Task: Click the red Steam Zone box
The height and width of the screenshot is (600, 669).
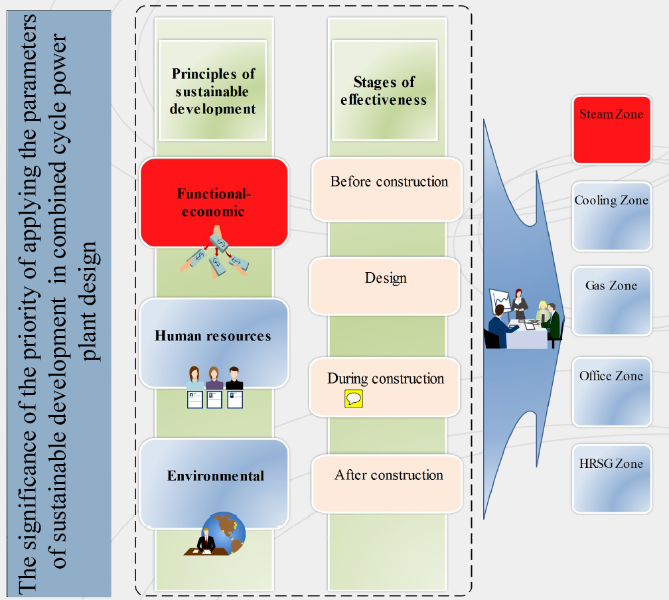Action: (x=612, y=129)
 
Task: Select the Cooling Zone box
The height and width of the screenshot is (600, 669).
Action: (x=612, y=216)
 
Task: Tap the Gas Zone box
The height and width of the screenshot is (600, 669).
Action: (x=612, y=301)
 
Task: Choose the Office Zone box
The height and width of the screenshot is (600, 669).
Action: (x=612, y=392)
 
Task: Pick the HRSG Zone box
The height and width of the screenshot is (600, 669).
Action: (x=612, y=479)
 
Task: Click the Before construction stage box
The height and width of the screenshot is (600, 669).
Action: (x=387, y=189)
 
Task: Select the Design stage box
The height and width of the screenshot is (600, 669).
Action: (x=385, y=286)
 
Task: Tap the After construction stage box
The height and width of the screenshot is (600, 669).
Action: (x=387, y=484)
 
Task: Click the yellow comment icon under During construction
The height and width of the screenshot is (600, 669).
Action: (x=354, y=399)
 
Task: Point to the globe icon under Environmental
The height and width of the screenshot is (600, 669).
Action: (x=224, y=532)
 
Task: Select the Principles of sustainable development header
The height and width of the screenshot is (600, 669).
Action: (x=213, y=90)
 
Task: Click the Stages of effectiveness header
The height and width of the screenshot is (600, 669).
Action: (x=385, y=90)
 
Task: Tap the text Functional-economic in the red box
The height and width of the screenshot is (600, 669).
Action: (x=213, y=202)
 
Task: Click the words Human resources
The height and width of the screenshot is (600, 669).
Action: (x=213, y=336)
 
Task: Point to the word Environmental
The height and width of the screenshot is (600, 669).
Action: (x=216, y=476)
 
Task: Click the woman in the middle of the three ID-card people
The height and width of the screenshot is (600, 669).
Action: (x=214, y=378)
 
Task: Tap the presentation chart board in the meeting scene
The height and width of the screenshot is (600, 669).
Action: (x=500, y=302)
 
